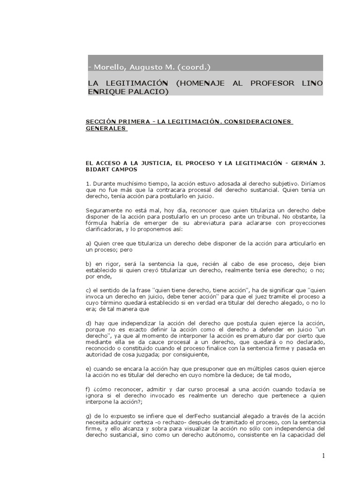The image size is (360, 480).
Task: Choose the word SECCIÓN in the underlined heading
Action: pos(98,122)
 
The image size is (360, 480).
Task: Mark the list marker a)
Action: pos(88,244)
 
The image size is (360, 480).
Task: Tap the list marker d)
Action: pos(88,323)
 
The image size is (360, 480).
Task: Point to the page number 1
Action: pos(323,456)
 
